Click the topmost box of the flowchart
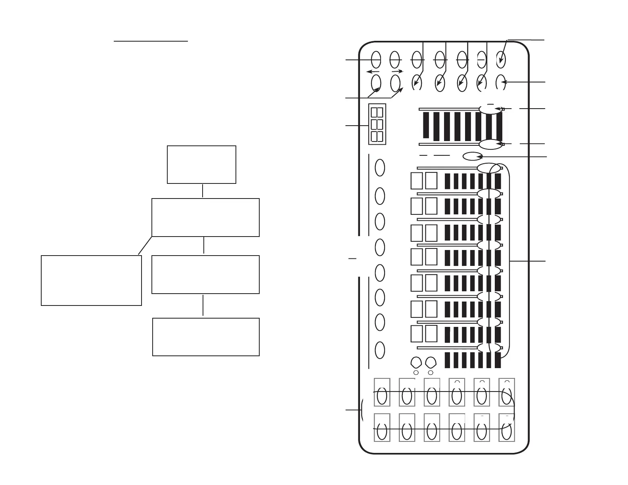click(x=201, y=164)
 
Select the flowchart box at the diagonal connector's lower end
click(x=91, y=280)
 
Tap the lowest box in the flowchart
click(x=206, y=337)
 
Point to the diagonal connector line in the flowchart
click(x=145, y=245)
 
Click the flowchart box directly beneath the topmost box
click(x=205, y=218)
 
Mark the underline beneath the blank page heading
click(x=151, y=40)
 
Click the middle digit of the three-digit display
click(x=377, y=124)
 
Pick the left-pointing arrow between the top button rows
click(x=373, y=72)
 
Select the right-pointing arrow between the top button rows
click(x=397, y=71)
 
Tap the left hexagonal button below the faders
click(x=416, y=363)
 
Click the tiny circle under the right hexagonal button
click(x=431, y=373)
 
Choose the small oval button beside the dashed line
click(x=472, y=157)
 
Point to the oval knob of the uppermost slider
click(x=491, y=109)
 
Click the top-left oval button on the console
click(x=376, y=60)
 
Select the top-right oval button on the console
click(x=501, y=60)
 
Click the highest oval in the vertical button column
click(x=380, y=168)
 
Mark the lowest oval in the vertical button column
click(x=380, y=350)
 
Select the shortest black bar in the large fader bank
click(x=426, y=125)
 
